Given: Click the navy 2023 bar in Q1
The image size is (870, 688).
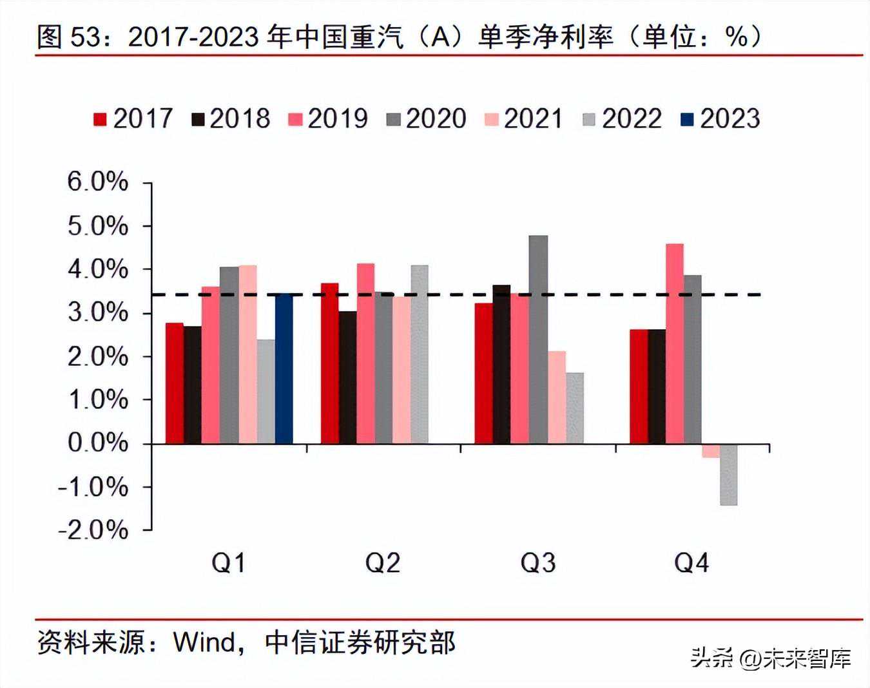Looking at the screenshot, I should (x=284, y=368).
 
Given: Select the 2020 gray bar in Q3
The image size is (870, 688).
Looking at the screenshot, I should (x=538, y=339).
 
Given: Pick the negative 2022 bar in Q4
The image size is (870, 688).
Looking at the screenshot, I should (x=729, y=475).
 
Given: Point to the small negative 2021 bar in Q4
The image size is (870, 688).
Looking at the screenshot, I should (x=711, y=451).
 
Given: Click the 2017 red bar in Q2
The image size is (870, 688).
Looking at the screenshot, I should (x=330, y=363).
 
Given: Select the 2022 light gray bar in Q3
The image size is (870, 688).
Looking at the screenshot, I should (x=575, y=408).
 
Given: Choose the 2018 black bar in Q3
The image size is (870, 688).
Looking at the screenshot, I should (x=501, y=364).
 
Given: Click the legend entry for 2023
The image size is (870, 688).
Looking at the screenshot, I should (x=720, y=119).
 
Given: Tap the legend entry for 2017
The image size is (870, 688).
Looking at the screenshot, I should (x=133, y=119).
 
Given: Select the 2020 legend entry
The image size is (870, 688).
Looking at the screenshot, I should (x=426, y=119).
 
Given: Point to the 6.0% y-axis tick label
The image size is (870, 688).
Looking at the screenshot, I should (x=98, y=182).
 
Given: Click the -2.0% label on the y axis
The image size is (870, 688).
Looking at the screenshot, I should (x=93, y=530).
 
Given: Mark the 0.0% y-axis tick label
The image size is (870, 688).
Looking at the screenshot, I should (x=98, y=443).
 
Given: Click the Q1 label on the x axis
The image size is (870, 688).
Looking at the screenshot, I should (x=229, y=563).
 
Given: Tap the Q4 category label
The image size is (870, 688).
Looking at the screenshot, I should (x=691, y=563).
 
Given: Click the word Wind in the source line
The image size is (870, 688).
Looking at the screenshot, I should (x=204, y=642).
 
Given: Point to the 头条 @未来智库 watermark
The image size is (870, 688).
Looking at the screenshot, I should (x=771, y=658).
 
